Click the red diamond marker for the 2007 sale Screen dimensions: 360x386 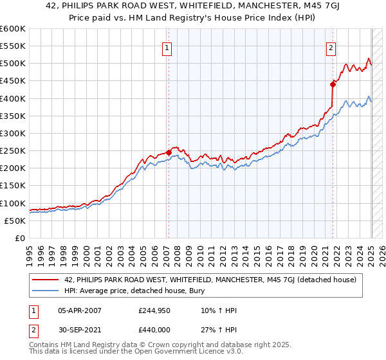pyautogui.click(x=169, y=152)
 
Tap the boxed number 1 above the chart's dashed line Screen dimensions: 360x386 pyautogui.click(x=167, y=47)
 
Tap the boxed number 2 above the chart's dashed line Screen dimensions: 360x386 pyautogui.click(x=331, y=47)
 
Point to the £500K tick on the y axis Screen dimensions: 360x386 pyautogui.click(x=13, y=64)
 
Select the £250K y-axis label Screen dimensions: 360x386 pyautogui.click(x=13, y=151)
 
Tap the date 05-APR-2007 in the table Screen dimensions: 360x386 pyautogui.click(x=79, y=310)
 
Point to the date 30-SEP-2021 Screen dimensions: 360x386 pyautogui.click(x=79, y=329)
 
